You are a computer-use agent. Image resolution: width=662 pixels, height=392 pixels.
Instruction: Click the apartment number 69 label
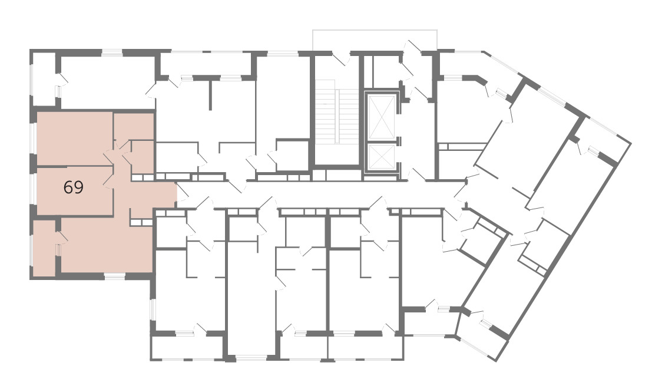coord(74,187)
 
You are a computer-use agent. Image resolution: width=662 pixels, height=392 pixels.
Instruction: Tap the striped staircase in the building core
coord(337,116)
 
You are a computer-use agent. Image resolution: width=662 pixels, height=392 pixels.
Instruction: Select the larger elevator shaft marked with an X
coord(382,117)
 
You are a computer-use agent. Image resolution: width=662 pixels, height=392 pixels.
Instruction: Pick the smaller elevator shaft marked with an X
coord(382,157)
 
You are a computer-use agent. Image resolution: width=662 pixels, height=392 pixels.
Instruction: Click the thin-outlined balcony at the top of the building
coord(375,40)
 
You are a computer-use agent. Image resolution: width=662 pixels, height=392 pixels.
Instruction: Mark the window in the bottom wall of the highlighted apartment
coord(115,276)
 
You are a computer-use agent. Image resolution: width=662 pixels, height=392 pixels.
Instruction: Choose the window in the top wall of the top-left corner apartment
coord(112,52)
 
